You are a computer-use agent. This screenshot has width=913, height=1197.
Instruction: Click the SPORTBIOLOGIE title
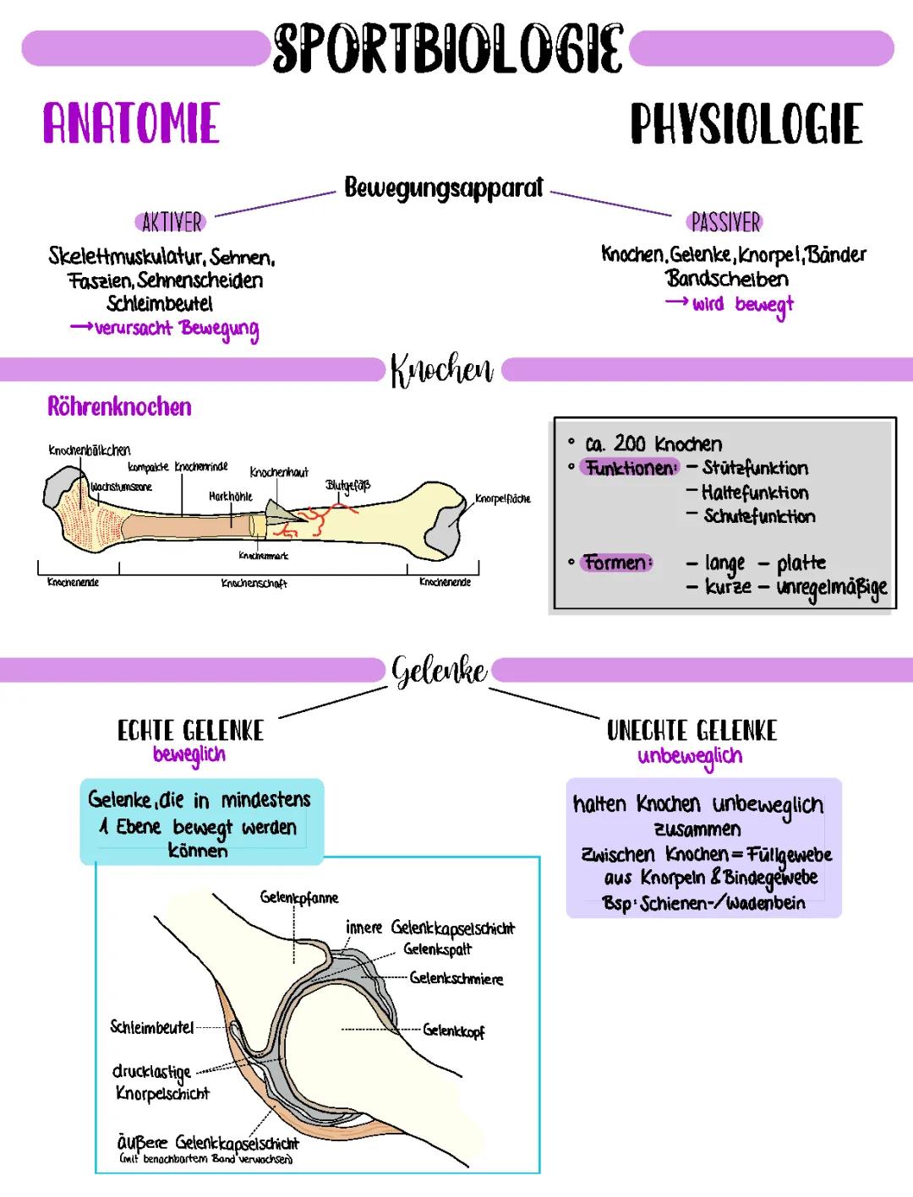pos(448,47)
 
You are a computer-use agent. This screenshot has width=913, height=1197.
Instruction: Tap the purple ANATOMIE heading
pos(132,124)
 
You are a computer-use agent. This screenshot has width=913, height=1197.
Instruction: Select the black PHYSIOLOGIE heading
pos(746,124)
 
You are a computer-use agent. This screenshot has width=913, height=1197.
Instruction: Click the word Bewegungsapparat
pos(444,188)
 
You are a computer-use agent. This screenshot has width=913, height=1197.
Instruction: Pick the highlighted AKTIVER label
pos(172,222)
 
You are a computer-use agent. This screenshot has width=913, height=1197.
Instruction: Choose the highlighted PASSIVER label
pos(725,222)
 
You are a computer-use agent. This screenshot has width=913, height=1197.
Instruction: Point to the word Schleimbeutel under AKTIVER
pos(160,303)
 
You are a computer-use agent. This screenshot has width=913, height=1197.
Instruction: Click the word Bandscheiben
pos(726,278)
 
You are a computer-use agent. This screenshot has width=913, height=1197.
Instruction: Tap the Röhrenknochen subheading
pos(119,407)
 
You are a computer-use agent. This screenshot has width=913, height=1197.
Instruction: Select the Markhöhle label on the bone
pos(230,497)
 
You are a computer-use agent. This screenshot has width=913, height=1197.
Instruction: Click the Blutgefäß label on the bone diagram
pos(347,486)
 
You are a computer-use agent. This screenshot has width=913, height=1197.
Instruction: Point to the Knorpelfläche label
pos(503,498)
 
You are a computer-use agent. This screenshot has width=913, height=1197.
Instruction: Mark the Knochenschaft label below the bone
pos(254,584)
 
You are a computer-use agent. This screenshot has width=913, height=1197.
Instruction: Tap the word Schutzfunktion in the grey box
pos(759,516)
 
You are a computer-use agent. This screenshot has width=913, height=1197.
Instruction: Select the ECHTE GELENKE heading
pos(190,731)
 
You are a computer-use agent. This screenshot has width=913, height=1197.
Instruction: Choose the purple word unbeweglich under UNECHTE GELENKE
pos(690,755)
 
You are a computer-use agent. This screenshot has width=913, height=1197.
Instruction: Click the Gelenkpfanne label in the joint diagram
pos(299,898)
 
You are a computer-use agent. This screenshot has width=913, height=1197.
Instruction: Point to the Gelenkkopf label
pos(454,1031)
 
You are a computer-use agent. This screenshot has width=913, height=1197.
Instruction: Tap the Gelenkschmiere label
pos(456,978)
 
